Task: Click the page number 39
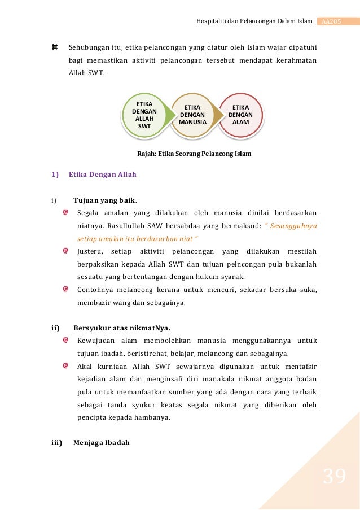click(334, 477)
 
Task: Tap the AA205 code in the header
click(331, 21)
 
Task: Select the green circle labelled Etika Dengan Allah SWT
click(144, 115)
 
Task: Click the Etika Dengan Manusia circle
click(193, 115)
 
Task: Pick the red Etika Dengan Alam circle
click(241, 115)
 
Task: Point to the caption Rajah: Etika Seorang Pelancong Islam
click(195, 154)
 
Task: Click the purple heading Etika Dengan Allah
click(103, 175)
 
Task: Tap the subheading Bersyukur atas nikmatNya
click(122, 328)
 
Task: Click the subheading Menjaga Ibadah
click(102, 442)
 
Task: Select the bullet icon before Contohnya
click(66, 289)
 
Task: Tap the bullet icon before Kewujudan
click(66, 341)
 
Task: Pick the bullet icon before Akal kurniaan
click(66, 366)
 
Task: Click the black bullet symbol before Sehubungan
click(55, 47)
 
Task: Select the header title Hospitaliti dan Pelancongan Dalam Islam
click(254, 21)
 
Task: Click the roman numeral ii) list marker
click(55, 328)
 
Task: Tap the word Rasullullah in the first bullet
click(122, 225)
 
